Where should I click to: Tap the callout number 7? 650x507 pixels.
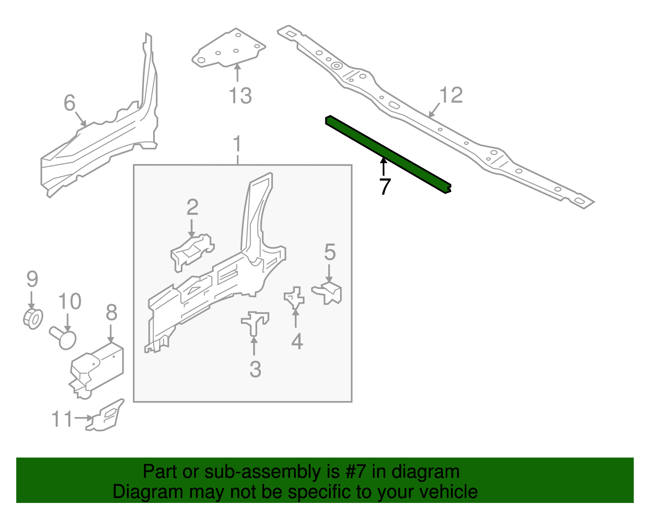click(x=384, y=186)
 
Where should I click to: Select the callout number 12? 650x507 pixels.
click(x=451, y=95)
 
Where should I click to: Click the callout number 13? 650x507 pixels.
click(x=240, y=96)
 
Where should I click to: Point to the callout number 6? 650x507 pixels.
click(x=69, y=103)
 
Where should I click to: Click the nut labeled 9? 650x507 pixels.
click(x=33, y=318)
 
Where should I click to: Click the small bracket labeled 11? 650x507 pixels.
click(x=106, y=416)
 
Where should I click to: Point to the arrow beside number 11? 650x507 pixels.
click(x=84, y=418)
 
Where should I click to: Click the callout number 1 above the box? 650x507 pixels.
click(x=237, y=145)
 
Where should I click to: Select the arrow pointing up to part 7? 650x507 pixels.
click(x=383, y=166)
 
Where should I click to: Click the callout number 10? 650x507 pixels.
click(x=69, y=302)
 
